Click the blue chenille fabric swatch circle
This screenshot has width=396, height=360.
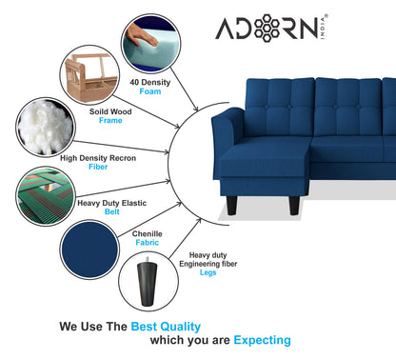[89, 250]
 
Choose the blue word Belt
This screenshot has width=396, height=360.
[111, 211]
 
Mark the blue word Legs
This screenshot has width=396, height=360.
[208, 272]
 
